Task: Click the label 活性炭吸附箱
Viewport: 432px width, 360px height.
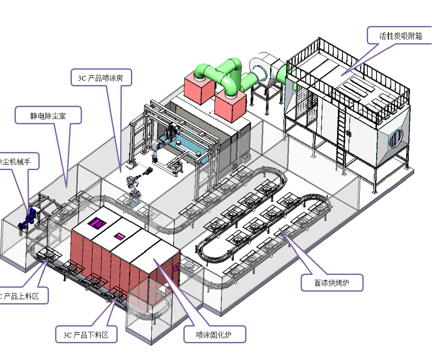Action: point(400,36)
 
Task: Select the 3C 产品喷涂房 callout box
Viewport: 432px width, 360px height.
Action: point(101,78)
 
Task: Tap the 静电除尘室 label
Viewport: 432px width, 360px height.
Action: point(48,115)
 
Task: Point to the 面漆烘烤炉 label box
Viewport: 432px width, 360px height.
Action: point(332,282)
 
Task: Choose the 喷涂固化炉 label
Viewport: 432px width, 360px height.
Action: point(214,335)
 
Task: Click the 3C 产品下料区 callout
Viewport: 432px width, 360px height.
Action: point(86,334)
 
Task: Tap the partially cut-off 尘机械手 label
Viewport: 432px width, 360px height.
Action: point(18,162)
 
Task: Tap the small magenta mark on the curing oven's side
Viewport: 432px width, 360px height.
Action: point(176,267)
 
